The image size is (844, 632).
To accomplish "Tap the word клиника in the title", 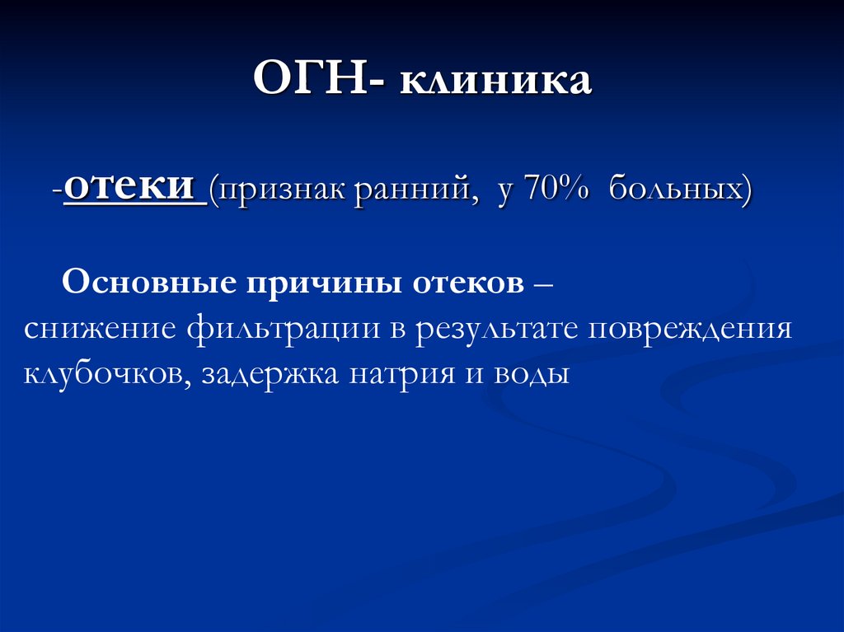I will tap(496, 82).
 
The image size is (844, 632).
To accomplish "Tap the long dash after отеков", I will tap(544, 283).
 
